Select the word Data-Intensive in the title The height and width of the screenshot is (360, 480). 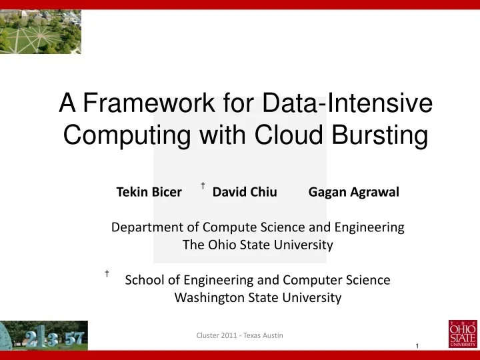click(347, 104)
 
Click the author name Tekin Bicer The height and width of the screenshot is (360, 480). click(149, 193)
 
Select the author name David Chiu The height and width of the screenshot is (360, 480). click(244, 193)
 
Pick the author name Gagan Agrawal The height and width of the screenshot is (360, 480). click(353, 193)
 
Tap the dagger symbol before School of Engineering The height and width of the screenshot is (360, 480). click(107, 273)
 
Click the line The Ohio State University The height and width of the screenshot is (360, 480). click(257, 245)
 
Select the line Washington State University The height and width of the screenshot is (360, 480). click(257, 298)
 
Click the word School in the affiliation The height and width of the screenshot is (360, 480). click(143, 280)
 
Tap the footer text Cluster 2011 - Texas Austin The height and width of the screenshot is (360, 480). click(239, 335)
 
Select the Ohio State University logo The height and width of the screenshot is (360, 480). click(463, 333)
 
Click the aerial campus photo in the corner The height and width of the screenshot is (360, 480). click(41, 31)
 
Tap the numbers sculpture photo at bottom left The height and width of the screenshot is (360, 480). click(43, 335)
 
